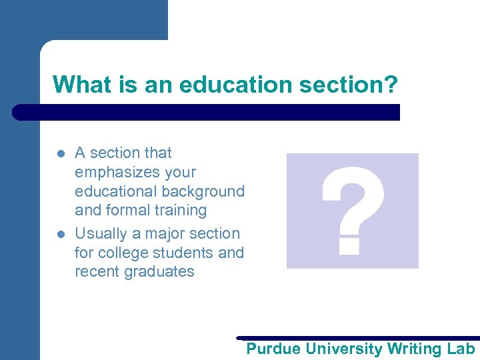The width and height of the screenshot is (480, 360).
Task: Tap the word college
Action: [123, 253]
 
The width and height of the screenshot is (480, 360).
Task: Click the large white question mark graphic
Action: [352, 211]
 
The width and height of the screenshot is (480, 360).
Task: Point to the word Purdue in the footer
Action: [273, 349]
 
